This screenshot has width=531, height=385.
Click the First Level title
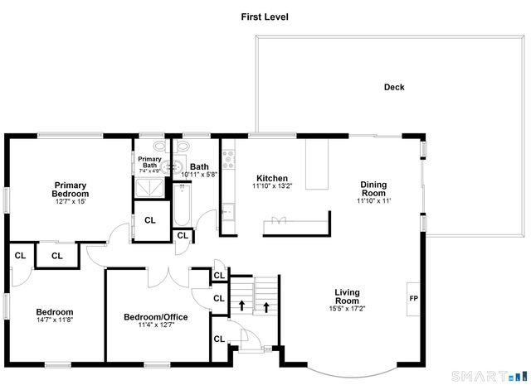(265, 17)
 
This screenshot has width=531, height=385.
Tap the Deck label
(394, 87)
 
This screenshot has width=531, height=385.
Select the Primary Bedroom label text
(71, 189)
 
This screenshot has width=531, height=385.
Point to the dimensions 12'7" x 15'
(71, 201)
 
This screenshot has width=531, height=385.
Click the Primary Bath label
(149, 162)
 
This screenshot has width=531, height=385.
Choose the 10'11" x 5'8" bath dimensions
(198, 174)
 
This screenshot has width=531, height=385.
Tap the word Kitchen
(271, 178)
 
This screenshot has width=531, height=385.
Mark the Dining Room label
(373, 189)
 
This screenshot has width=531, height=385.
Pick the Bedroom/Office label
(156, 316)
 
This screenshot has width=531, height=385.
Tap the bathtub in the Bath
(183, 205)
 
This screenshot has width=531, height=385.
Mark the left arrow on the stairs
(241, 306)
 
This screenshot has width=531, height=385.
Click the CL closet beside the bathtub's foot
(183, 236)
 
